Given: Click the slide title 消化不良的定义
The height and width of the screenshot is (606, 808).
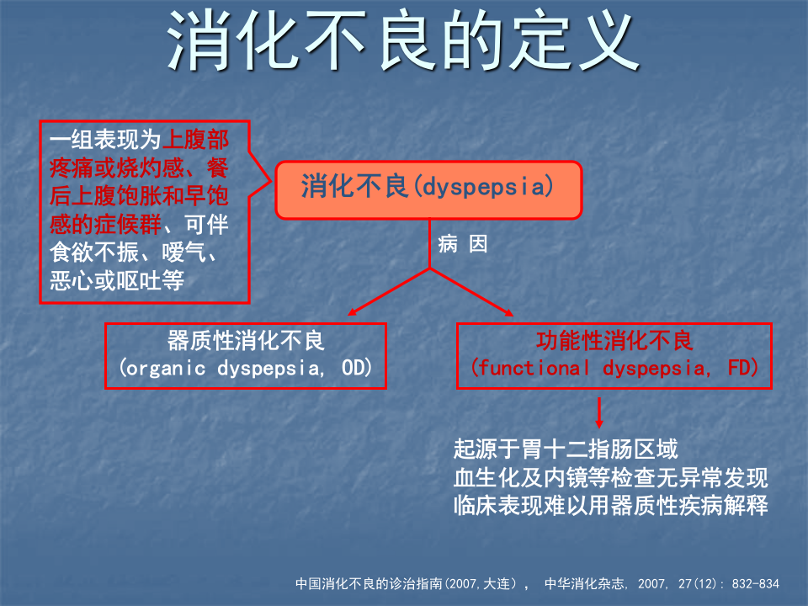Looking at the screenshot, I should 402,40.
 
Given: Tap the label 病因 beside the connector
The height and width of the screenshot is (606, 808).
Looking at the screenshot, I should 462,245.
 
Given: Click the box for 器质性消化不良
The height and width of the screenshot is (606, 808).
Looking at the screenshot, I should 245,354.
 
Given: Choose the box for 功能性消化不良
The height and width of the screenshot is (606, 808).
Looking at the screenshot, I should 614,354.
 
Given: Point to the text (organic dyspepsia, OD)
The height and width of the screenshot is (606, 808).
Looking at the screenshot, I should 245,369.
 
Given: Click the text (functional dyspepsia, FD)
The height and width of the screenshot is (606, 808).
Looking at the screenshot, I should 614,369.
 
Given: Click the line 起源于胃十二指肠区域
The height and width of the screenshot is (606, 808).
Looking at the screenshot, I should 565,449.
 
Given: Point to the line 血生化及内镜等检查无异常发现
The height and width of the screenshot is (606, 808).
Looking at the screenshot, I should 610,478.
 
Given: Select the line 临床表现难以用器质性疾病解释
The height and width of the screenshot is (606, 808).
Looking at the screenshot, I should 610,507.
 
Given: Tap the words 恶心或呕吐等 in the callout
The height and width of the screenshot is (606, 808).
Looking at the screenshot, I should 116,281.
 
